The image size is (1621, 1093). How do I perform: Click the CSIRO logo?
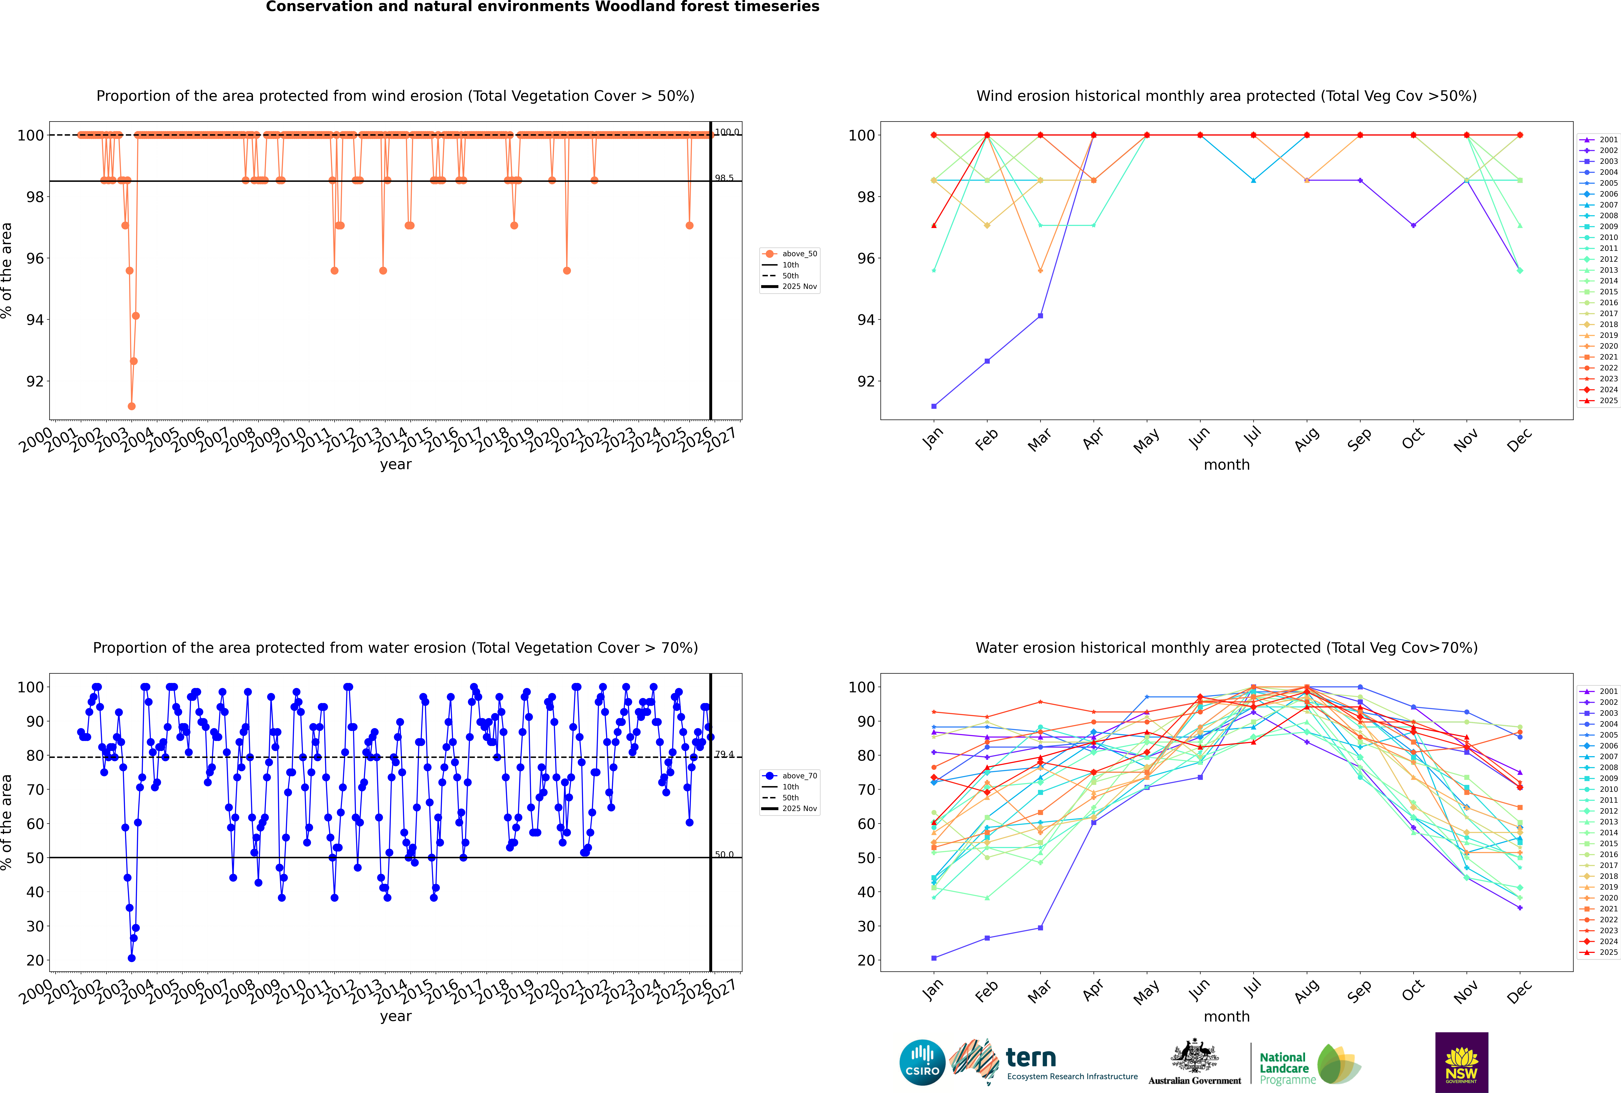pyautogui.click(x=922, y=1062)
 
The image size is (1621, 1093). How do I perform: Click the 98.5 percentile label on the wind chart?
pyautogui.click(x=724, y=179)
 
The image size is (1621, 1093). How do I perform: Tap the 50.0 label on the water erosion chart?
pyautogui.click(x=724, y=855)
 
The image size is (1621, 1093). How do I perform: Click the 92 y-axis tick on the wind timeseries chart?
pyautogui.click(x=35, y=381)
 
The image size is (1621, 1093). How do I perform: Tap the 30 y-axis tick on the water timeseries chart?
pyautogui.click(x=35, y=926)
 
